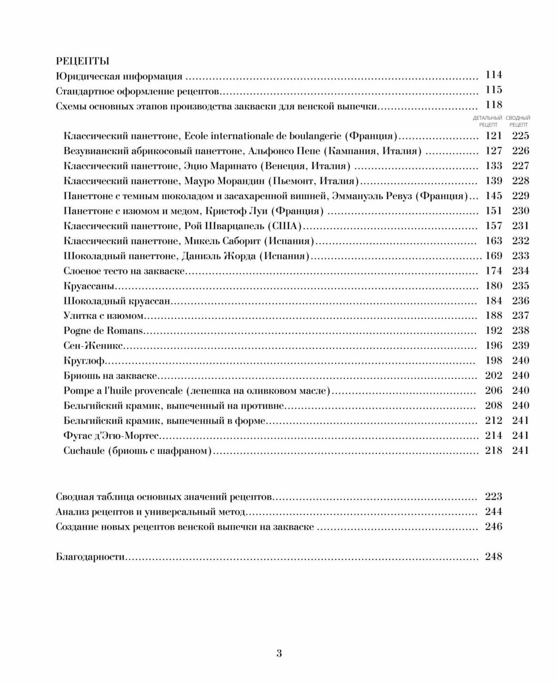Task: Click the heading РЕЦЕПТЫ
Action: [x=83, y=61]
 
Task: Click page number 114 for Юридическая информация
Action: [x=494, y=75]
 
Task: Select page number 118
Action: [x=494, y=105]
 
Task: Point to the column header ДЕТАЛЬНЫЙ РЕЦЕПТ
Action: [x=487, y=121]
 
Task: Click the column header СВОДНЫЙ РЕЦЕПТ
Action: [x=518, y=121]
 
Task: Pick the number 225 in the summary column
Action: [x=520, y=136]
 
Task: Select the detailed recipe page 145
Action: [x=494, y=196]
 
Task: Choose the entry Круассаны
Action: [x=89, y=286]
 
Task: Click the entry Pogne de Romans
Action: [x=104, y=331]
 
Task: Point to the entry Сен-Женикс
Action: [x=93, y=346]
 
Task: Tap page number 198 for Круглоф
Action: [x=494, y=361]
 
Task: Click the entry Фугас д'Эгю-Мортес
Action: [x=111, y=436]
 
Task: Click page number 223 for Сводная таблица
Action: [x=494, y=496]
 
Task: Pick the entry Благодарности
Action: [x=90, y=557]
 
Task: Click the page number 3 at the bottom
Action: [x=279, y=654]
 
